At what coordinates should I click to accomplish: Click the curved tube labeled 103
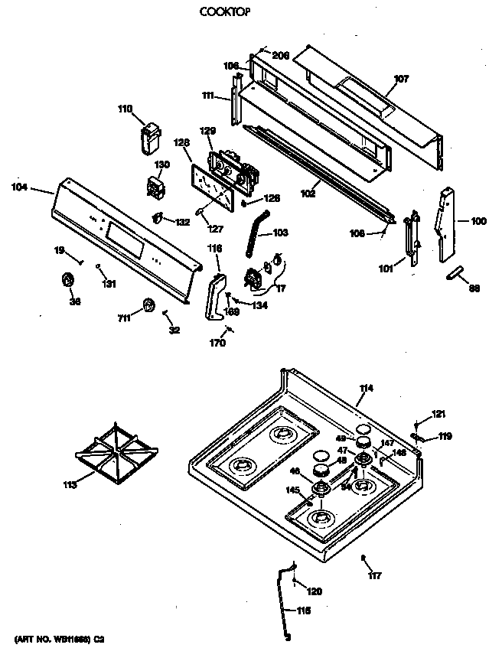(x=255, y=236)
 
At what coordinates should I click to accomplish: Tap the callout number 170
(x=217, y=344)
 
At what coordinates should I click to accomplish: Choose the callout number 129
(x=208, y=131)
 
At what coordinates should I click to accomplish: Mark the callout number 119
(x=444, y=438)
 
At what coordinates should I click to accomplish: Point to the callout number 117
(x=374, y=575)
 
